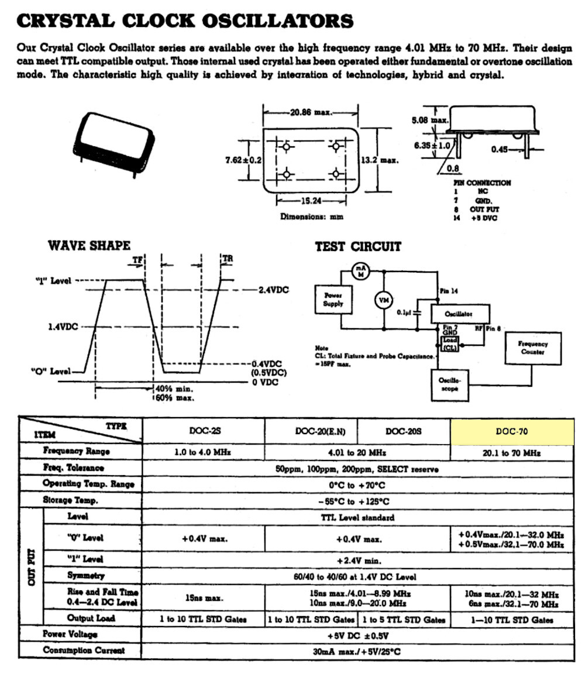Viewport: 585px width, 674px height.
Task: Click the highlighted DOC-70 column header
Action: tap(512, 432)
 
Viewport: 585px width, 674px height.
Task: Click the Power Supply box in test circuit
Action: tap(333, 300)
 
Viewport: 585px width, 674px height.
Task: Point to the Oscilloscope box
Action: tap(449, 384)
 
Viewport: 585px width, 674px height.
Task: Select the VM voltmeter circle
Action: tap(383, 300)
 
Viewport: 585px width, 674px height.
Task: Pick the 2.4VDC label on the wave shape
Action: tap(274, 289)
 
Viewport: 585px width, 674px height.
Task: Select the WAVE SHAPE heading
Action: tap(89, 245)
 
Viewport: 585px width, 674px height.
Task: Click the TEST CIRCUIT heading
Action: tap(358, 246)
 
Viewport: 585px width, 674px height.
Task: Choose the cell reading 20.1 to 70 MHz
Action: tap(512, 452)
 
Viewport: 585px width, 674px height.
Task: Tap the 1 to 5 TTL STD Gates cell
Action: tap(404, 619)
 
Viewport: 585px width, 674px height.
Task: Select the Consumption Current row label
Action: tap(84, 650)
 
